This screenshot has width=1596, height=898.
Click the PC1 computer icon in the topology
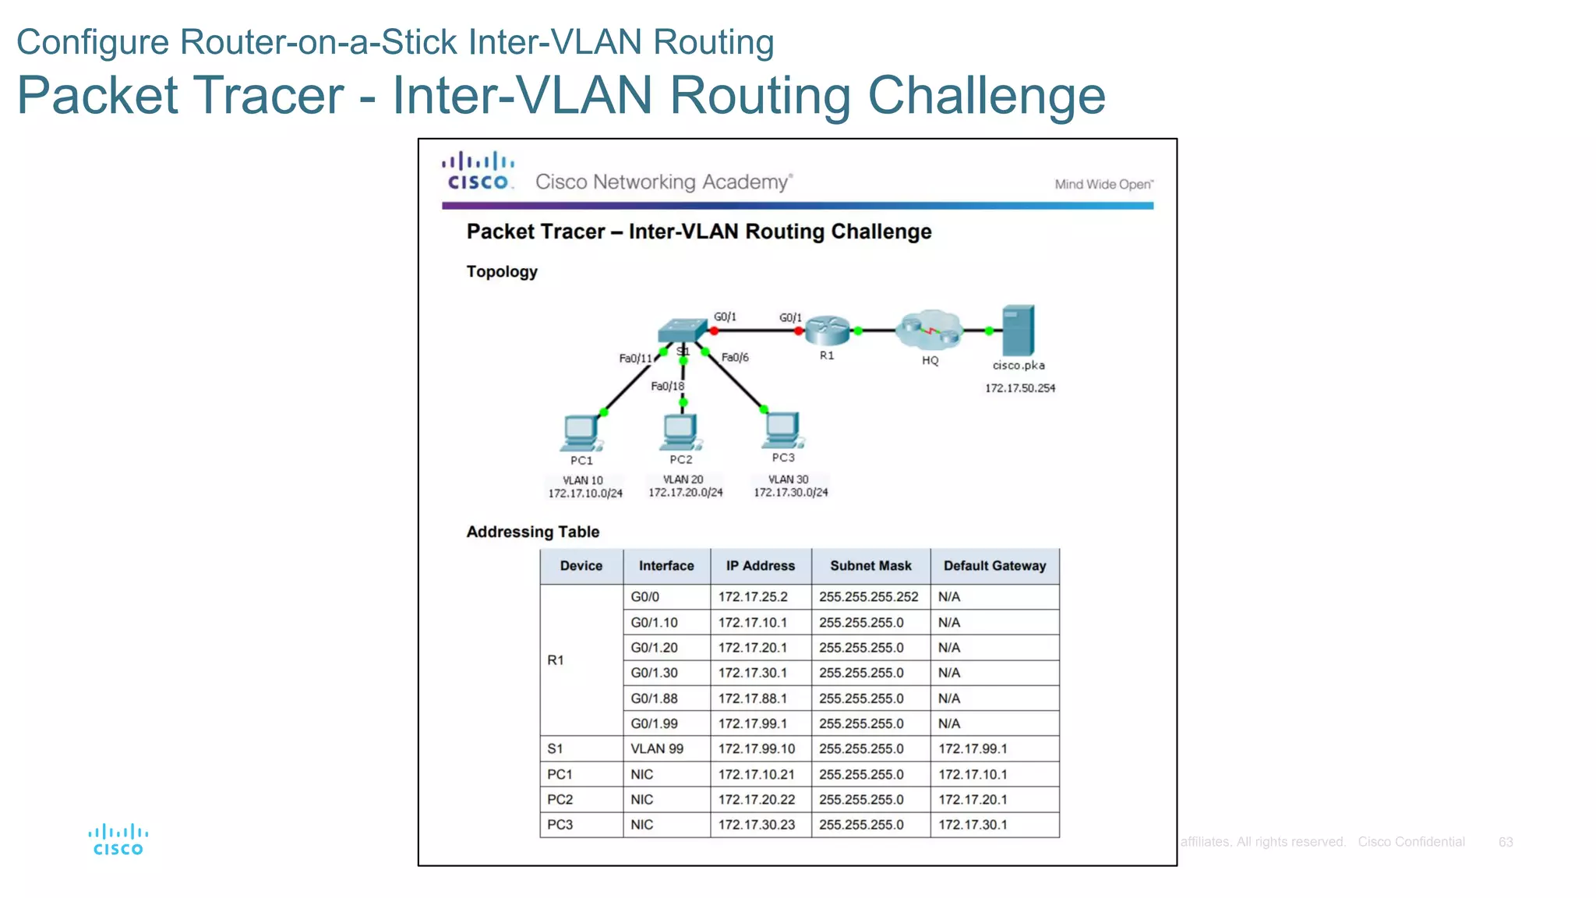pyautogui.click(x=581, y=433)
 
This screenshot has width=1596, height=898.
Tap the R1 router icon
pyautogui.click(x=827, y=331)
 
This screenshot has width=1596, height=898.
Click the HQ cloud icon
pyautogui.click(x=929, y=331)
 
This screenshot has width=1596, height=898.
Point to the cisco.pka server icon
pyautogui.click(x=1018, y=331)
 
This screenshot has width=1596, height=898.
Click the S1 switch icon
pyautogui.click(x=682, y=331)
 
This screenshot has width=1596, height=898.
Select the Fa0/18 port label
pyautogui.click(x=667, y=386)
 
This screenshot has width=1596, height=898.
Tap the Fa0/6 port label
pyautogui.click(x=735, y=357)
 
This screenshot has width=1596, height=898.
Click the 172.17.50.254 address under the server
pyautogui.click(x=1019, y=388)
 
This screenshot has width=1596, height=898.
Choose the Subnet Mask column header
pyautogui.click(x=870, y=566)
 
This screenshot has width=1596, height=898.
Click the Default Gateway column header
pyautogui.click(x=994, y=566)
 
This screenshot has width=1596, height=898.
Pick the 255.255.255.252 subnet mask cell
pyautogui.click(x=868, y=597)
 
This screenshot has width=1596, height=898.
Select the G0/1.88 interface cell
pyautogui.click(x=654, y=698)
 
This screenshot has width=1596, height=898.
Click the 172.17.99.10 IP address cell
pyautogui.click(x=756, y=749)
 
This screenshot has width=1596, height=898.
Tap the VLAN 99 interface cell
pyautogui.click(x=656, y=749)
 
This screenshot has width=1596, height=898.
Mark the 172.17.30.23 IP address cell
pyautogui.click(x=756, y=825)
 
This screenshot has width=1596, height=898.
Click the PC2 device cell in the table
pyautogui.click(x=560, y=800)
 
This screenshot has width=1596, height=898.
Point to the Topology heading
pyautogui.click(x=502, y=272)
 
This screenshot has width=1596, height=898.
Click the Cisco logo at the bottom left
pyautogui.click(x=118, y=840)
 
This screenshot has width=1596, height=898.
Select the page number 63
pyautogui.click(x=1505, y=842)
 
